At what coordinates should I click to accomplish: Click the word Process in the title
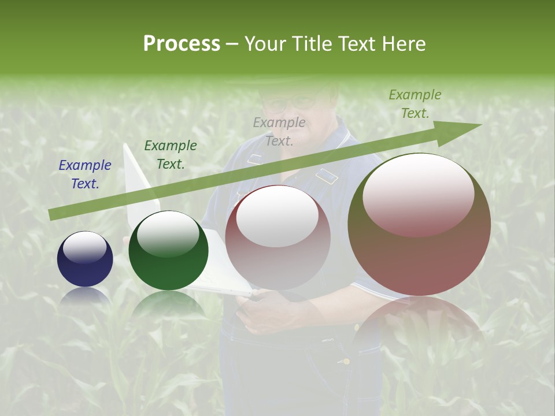(182, 44)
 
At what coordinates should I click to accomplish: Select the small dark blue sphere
(85, 259)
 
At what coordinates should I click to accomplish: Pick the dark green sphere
(168, 250)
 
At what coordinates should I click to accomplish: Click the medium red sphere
(278, 237)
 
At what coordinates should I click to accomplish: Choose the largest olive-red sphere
(419, 225)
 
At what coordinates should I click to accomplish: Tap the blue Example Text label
(85, 174)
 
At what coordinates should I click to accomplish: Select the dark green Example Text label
(171, 155)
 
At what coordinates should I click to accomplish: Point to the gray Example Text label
(279, 131)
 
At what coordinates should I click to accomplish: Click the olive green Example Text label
(415, 104)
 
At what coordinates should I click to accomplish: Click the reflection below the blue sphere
(85, 296)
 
